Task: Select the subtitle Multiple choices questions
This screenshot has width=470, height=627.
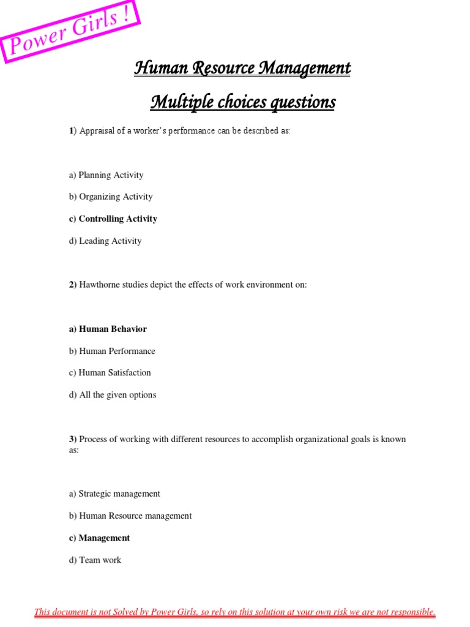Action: [x=242, y=102]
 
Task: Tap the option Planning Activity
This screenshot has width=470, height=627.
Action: [x=106, y=175]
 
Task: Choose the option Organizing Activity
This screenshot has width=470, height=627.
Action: [x=111, y=197]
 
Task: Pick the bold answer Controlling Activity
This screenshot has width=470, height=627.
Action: [x=113, y=219]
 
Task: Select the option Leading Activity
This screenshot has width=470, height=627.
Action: [x=105, y=241]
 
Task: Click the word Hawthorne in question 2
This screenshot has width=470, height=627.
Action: [x=100, y=285]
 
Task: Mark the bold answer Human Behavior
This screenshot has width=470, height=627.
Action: [x=108, y=329]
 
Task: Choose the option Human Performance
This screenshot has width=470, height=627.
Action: [x=112, y=351]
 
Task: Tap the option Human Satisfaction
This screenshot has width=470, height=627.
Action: [x=110, y=372]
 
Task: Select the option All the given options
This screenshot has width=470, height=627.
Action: [x=113, y=395]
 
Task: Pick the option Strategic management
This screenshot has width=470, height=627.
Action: [x=114, y=494]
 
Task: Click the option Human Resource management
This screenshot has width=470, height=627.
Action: [x=130, y=516]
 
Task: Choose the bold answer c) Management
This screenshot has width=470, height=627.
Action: [x=99, y=538]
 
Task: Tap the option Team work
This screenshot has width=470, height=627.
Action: [x=95, y=560]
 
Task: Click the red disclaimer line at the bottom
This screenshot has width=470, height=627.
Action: [x=235, y=612]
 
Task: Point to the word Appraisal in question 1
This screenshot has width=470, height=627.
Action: [x=97, y=132]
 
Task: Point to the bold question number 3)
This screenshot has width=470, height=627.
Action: [x=73, y=439]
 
